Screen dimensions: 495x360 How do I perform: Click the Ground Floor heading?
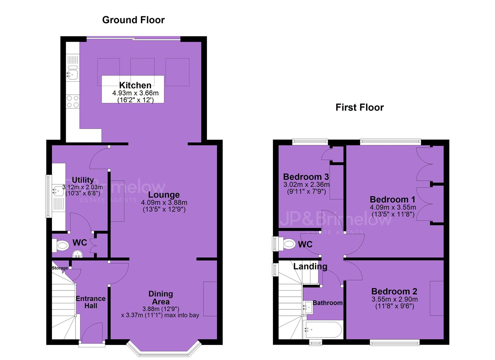(133, 20)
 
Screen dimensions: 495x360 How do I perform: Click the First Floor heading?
(360, 107)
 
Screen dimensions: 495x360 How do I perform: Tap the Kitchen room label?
(135, 85)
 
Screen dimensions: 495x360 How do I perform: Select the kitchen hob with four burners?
(73, 101)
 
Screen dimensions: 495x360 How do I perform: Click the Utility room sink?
(58, 191)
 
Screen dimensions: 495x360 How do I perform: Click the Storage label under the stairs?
(60, 268)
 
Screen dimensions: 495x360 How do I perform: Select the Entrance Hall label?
(91, 302)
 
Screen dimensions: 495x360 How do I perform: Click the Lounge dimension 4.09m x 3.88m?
(164, 202)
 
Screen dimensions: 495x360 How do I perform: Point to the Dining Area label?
(161, 298)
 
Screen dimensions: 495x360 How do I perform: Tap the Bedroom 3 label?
(306, 177)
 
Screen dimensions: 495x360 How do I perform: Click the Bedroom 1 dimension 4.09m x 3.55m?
(393, 207)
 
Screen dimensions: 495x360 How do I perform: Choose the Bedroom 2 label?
(394, 291)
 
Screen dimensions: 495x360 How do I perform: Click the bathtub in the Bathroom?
(323, 330)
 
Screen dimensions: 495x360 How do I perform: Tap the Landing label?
(310, 267)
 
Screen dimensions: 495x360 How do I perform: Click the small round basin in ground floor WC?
(77, 254)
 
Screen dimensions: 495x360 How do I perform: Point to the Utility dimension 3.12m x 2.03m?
(83, 187)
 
